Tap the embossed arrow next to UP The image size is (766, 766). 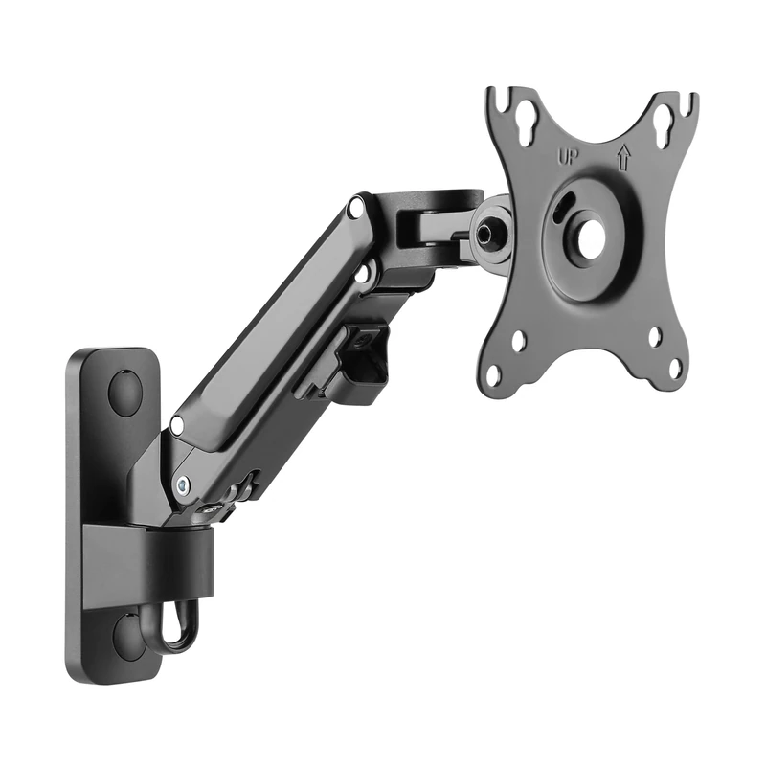[623, 156]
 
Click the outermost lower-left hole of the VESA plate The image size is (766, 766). [493, 374]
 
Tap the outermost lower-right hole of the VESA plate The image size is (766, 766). [674, 367]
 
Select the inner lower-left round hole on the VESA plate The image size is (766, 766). [518, 341]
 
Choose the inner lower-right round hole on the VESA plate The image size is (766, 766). [655, 337]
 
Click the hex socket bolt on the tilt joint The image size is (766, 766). [490, 231]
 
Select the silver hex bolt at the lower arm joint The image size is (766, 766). [182, 486]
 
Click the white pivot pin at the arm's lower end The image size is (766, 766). [176, 424]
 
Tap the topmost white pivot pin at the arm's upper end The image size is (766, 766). [355, 205]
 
